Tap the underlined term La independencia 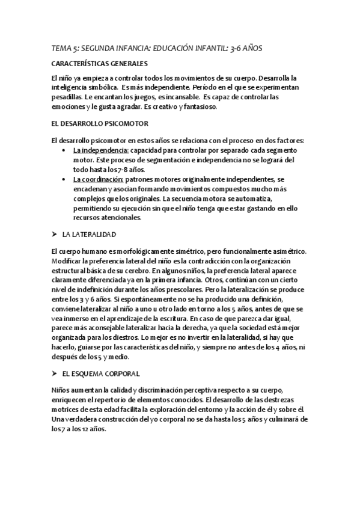pyautogui.click(x=92, y=150)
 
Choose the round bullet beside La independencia pyautogui.click(x=64, y=150)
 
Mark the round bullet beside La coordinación pyautogui.click(x=64, y=179)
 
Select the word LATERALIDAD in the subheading pyautogui.click(x=93, y=233)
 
